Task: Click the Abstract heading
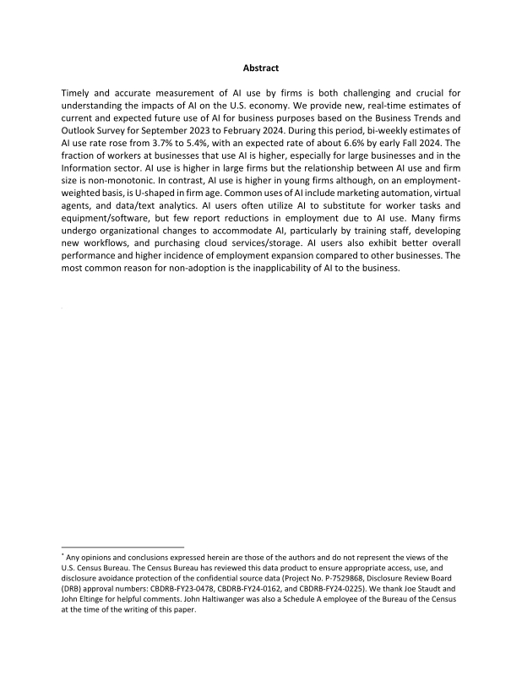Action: pos(260,68)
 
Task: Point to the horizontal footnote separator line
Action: pos(122,547)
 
